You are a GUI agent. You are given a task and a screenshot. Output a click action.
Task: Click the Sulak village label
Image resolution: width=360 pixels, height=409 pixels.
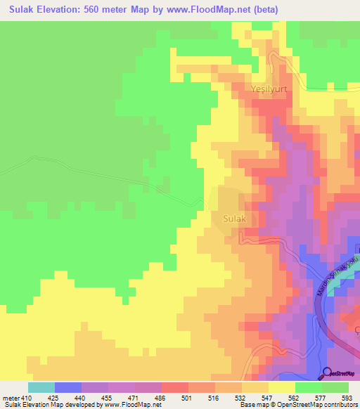point(235,219)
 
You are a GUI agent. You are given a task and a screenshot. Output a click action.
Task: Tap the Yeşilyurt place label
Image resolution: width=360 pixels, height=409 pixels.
point(270,89)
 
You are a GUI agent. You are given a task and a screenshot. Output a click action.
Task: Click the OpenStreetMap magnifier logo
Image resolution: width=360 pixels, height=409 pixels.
point(328,373)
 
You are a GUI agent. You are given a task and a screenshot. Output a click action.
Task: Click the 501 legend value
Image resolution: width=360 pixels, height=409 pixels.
point(188,397)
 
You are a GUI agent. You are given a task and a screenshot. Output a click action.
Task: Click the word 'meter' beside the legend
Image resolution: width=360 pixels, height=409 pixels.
point(11,397)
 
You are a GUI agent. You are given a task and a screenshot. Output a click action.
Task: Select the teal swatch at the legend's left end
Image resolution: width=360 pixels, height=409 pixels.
point(41,387)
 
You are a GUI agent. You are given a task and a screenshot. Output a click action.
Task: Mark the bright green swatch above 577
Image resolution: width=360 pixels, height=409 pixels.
point(309,387)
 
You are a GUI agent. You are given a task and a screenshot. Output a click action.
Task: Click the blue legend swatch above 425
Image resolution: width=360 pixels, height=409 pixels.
point(68,387)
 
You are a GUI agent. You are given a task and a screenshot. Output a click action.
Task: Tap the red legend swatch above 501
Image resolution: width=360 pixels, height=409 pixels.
point(175,387)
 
